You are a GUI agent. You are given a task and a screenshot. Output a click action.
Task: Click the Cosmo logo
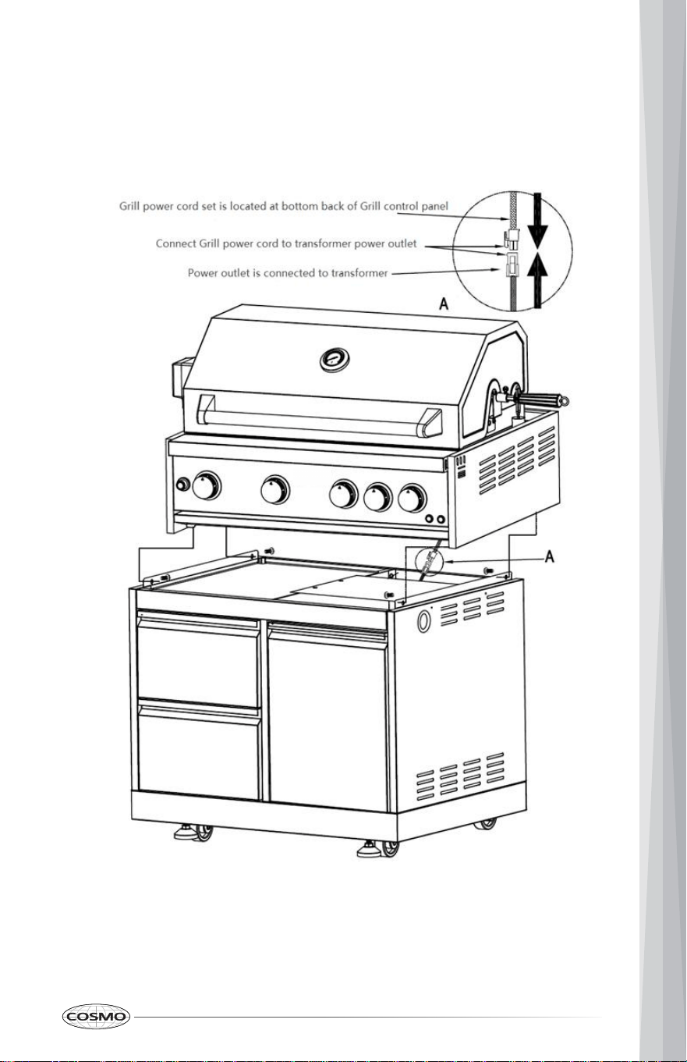(x=96, y=1017)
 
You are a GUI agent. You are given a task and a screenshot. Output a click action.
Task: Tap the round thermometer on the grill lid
(x=335, y=361)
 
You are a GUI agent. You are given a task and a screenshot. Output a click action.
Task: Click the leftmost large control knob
(x=206, y=485)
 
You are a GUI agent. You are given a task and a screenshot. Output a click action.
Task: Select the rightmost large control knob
(x=413, y=499)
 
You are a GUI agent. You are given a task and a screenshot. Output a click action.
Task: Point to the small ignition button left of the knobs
(x=182, y=485)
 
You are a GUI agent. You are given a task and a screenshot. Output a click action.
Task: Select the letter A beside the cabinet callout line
(x=550, y=556)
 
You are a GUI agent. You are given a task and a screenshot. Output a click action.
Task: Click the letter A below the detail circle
(x=444, y=304)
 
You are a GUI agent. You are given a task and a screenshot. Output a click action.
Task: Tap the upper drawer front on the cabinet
(x=198, y=661)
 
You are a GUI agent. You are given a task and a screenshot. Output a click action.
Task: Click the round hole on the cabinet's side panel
(x=423, y=621)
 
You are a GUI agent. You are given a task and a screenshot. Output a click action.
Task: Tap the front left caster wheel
(x=203, y=833)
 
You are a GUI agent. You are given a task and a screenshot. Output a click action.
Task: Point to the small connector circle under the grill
(x=429, y=562)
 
